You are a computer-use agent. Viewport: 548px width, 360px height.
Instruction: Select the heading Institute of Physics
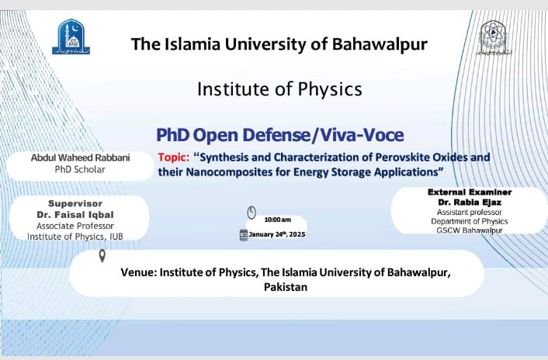click(x=279, y=89)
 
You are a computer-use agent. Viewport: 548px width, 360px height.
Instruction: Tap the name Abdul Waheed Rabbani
click(x=80, y=157)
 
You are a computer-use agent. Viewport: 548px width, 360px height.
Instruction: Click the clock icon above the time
click(x=251, y=212)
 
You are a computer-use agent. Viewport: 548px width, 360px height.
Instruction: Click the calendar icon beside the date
click(x=244, y=235)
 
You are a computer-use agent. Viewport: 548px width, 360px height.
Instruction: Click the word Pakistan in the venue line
click(x=286, y=286)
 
